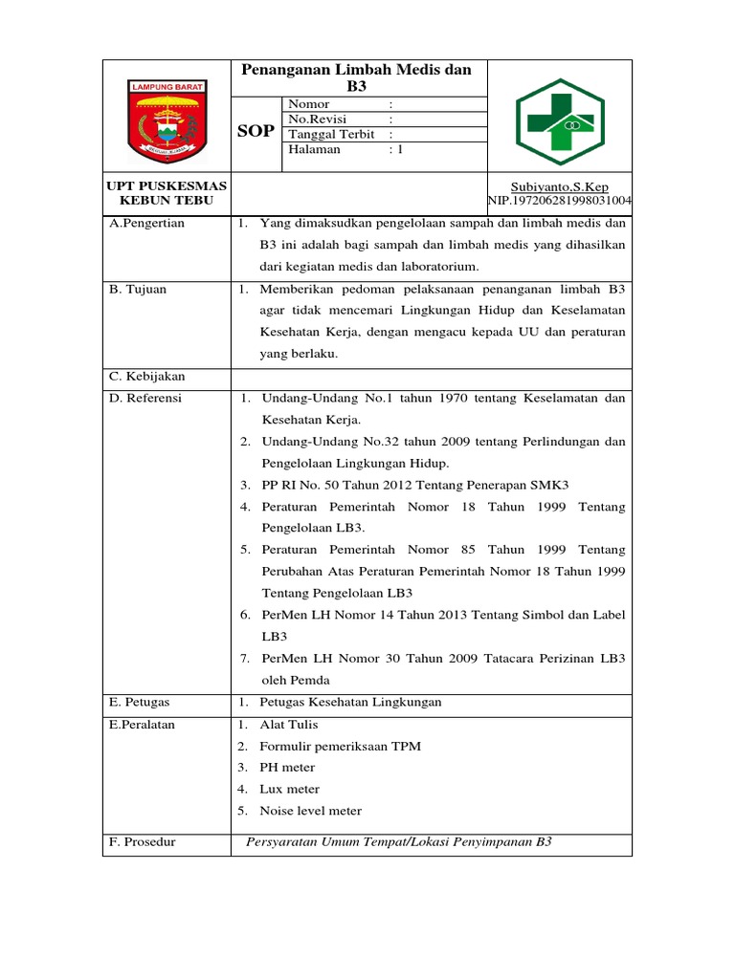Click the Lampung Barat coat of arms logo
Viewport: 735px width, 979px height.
(x=167, y=117)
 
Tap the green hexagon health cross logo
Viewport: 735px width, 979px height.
(x=559, y=117)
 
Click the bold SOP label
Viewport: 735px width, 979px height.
(x=256, y=131)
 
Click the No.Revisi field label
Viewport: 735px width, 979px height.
(x=319, y=120)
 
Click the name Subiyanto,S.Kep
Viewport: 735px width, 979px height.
(x=560, y=187)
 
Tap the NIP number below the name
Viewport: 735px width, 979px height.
(x=560, y=201)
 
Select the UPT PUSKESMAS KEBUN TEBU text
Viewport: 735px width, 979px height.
(x=167, y=194)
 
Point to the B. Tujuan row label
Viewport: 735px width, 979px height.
(x=140, y=289)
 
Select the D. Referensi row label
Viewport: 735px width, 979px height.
(x=146, y=398)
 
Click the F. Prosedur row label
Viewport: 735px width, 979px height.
(x=144, y=842)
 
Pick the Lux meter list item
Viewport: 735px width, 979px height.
(x=289, y=789)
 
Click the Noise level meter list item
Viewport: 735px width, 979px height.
(x=310, y=811)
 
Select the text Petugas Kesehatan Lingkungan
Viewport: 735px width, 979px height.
(x=350, y=702)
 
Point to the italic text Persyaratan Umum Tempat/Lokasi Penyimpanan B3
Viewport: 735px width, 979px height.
(x=399, y=842)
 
